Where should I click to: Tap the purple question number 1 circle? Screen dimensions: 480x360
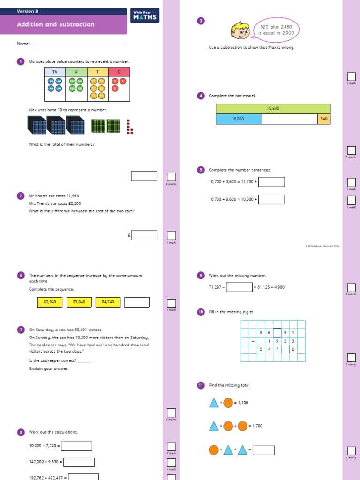coord(20,61)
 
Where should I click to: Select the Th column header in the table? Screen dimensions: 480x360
coord(55,72)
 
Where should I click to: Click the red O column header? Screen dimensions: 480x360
coord(119,72)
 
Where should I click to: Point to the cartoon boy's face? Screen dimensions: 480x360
coord(240,31)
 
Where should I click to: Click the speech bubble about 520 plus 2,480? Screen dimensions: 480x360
coord(276,30)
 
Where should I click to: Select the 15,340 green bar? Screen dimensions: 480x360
coord(273,109)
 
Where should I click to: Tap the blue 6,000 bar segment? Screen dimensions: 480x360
coord(239,119)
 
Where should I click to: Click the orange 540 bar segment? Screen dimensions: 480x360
coord(324,119)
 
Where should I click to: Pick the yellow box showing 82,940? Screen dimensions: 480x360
coord(50,302)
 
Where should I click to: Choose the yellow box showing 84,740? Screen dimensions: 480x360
coord(108,302)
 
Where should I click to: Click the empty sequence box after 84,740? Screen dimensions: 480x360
coord(137,302)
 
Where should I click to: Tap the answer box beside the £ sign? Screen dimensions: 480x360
coord(144,235)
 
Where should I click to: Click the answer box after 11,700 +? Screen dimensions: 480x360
coord(271,182)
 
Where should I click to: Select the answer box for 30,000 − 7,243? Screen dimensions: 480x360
coord(77,446)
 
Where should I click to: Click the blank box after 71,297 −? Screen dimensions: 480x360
coord(239,287)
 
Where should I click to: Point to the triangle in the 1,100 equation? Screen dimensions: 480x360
coord(214,403)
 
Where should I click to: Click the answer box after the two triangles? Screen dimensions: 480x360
coord(263,450)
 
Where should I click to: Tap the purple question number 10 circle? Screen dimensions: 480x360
coord(201,312)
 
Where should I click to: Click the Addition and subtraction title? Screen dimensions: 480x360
coord(56,24)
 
